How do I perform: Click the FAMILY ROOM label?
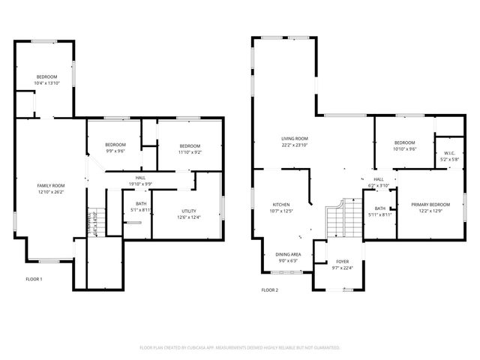coord(51,185)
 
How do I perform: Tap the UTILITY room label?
coord(189,211)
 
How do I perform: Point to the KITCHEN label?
coord(281,205)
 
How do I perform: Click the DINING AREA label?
coord(289,255)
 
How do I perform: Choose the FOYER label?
coord(342,262)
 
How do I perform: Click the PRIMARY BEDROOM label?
coord(430,205)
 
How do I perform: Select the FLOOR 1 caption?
coord(34,279)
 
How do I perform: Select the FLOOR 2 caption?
coord(269,289)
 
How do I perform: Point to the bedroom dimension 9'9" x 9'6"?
coord(115,151)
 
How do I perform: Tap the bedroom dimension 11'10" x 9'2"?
coord(189,151)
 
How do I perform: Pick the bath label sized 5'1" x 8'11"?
coord(141,209)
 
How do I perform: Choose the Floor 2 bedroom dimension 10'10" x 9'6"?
coord(404,148)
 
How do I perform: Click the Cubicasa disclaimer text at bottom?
coord(240,348)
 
